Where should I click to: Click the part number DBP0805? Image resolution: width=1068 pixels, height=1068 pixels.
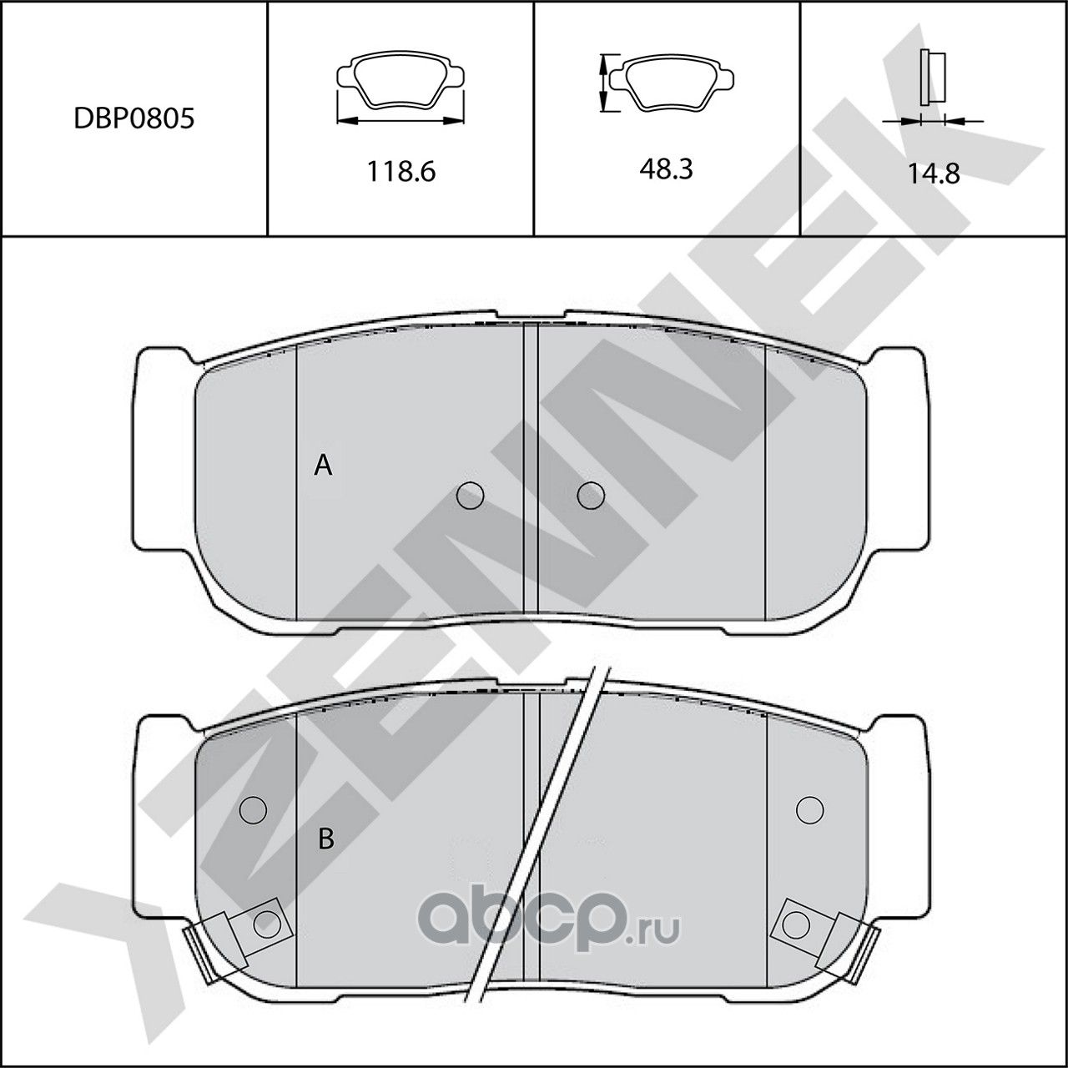coord(133,118)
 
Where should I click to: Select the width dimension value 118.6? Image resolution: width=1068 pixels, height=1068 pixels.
coord(400,172)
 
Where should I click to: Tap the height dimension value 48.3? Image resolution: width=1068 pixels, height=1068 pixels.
coord(667,169)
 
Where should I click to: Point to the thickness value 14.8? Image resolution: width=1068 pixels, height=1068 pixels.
coord(934,174)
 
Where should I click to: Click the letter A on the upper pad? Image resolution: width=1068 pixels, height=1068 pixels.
coord(323,466)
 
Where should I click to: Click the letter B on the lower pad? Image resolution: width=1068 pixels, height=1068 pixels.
coord(326,838)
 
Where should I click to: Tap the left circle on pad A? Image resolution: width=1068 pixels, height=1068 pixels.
coord(471,496)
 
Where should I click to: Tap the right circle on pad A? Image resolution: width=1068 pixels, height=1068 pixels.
coord(591,495)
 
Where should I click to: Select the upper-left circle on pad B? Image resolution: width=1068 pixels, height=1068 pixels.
coord(252,809)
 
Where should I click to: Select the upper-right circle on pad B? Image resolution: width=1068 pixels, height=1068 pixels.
coord(809,809)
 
